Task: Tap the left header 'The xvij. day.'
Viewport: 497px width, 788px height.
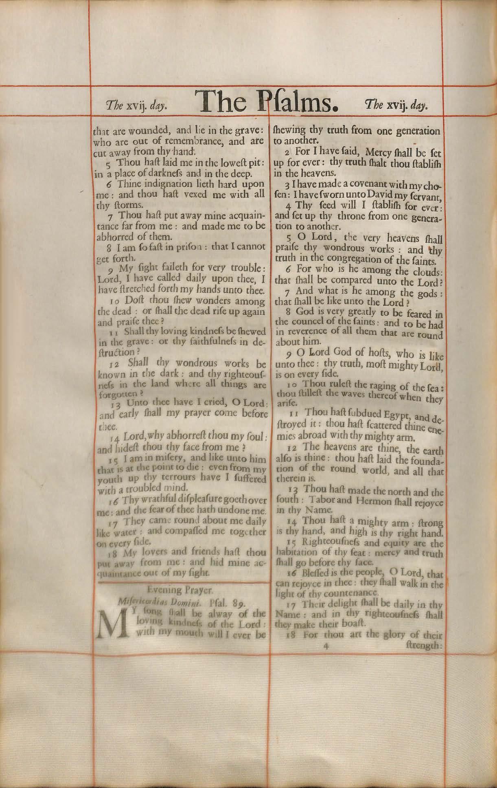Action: pyautogui.click(x=136, y=106)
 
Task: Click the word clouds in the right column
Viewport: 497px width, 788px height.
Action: pyautogui.click(x=427, y=270)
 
